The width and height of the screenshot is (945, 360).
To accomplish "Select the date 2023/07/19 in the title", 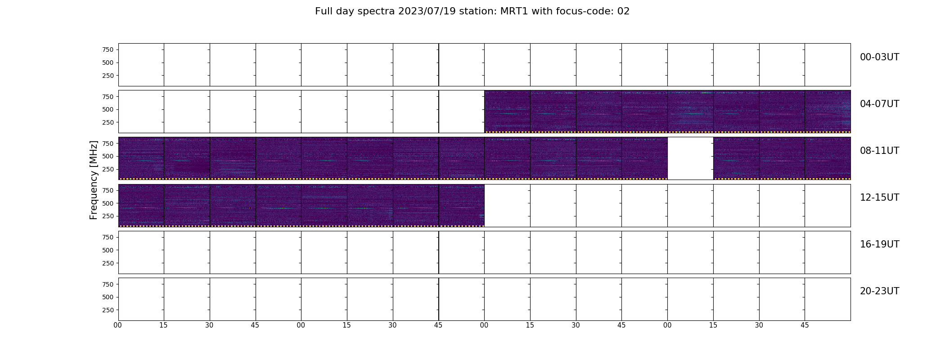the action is (x=429, y=11).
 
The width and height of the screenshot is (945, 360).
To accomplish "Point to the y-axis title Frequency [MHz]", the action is (x=94, y=180).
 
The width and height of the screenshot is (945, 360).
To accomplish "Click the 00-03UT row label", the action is (x=879, y=57).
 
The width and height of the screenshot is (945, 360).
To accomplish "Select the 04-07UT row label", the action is (x=879, y=104).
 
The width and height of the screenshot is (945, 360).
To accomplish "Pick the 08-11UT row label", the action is (x=879, y=151).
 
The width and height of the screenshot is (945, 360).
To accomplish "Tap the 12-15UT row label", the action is (x=879, y=198).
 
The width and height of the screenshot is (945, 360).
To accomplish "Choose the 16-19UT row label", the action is (x=879, y=244).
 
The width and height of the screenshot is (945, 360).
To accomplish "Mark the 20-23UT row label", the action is (x=879, y=291).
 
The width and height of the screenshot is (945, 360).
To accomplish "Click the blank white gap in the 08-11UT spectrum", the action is (x=690, y=158).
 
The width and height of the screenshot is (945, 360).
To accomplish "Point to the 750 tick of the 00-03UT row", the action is (x=108, y=49).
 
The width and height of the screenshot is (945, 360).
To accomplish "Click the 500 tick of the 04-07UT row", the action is (x=108, y=109).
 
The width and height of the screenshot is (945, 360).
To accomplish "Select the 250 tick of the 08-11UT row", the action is (x=108, y=169).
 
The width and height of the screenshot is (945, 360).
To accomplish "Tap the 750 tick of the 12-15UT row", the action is (x=108, y=190).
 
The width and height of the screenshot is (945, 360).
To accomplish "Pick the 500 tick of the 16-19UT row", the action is (x=108, y=250).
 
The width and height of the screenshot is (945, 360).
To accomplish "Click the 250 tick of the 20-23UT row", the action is (x=108, y=310).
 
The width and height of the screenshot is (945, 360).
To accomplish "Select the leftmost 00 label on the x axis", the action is (x=118, y=325).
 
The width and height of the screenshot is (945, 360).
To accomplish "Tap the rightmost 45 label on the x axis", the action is (x=805, y=325).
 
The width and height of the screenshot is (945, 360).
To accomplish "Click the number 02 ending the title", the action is (x=624, y=11).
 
